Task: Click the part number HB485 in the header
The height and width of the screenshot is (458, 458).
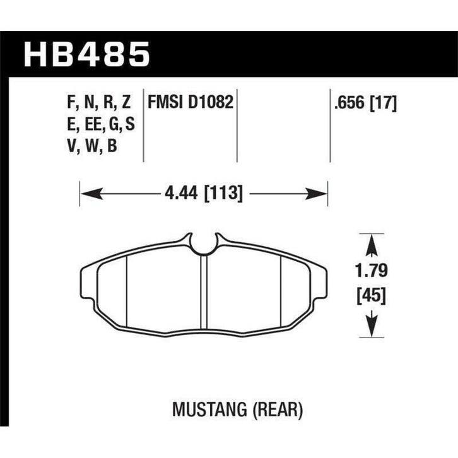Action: point(86,55)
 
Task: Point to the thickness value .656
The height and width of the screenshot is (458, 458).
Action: point(350,103)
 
